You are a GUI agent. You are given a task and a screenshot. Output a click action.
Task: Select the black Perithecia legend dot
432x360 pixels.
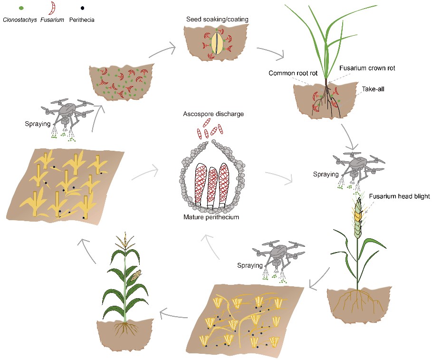coord(83,8)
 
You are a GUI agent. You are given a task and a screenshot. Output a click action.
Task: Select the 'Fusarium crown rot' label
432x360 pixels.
coord(367,68)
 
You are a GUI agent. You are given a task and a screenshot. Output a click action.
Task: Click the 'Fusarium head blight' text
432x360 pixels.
coord(399,196)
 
